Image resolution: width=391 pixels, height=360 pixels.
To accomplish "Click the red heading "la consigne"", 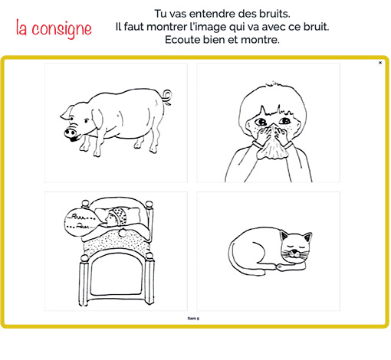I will (54, 28).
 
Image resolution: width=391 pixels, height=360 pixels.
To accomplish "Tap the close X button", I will (380, 63).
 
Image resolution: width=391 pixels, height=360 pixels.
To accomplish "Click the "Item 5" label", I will (193, 316).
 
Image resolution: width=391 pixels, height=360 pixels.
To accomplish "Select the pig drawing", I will (116, 123).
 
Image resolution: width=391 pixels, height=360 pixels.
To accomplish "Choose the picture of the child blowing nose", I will (268, 123).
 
